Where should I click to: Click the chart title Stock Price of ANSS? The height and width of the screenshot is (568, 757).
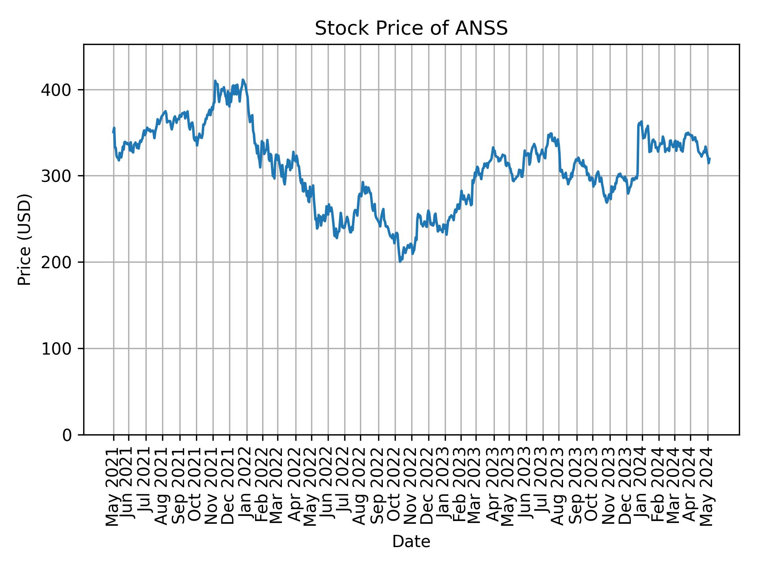click(411, 28)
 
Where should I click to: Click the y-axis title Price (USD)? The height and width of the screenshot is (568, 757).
click(24, 239)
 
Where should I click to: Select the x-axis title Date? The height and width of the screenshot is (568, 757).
click(411, 542)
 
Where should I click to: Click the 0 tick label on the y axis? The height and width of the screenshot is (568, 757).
click(67, 435)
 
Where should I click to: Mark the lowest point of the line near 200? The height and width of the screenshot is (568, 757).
click(400, 262)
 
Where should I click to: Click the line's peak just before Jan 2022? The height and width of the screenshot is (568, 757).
click(243, 80)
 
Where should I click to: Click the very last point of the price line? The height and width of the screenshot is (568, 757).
click(710, 159)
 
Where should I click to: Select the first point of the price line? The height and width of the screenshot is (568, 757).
click(114, 133)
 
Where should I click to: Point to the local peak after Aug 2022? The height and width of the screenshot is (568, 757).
click(363, 183)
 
